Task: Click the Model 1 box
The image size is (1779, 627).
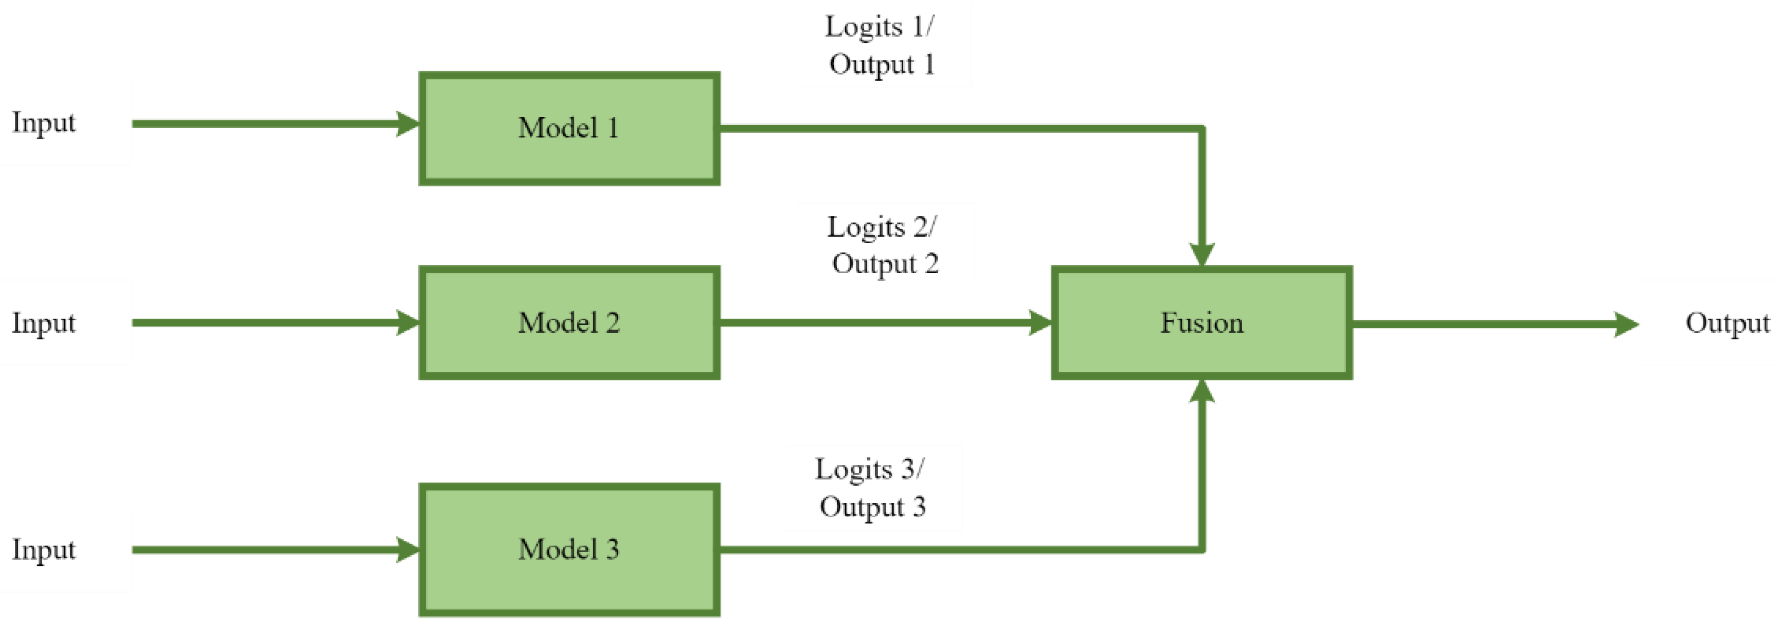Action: click(x=569, y=129)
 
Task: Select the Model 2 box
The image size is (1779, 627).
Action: click(x=569, y=323)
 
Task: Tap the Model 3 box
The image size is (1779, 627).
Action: click(x=569, y=549)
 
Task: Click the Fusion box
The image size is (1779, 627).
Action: click(x=1202, y=323)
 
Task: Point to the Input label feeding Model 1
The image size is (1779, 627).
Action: click(x=43, y=123)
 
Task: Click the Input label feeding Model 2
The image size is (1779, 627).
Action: click(x=43, y=323)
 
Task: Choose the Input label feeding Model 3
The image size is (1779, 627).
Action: click(x=43, y=549)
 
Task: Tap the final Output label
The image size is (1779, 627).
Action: click(x=1727, y=323)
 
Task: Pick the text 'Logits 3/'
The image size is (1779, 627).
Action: click(x=869, y=470)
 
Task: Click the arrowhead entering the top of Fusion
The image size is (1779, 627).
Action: click(x=1202, y=254)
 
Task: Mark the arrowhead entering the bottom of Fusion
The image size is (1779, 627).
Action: click(x=1202, y=391)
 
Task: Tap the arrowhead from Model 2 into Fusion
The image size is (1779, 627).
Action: click(x=1039, y=323)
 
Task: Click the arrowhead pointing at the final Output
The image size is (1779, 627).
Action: click(x=1626, y=324)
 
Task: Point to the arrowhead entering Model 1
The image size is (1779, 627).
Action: click(x=407, y=124)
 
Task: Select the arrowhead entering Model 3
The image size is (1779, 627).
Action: click(x=407, y=549)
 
